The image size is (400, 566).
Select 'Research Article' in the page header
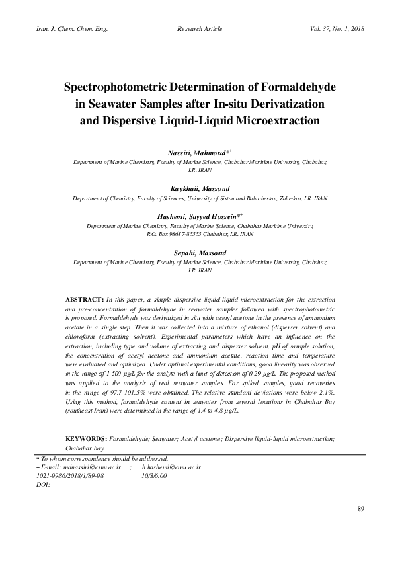(x=200, y=30)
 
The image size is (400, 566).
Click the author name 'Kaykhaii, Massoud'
(x=200, y=190)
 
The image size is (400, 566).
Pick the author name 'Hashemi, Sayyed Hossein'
(x=197, y=218)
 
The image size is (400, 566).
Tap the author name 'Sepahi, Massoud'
(x=200, y=253)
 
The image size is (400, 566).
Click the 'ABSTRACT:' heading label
(x=83, y=298)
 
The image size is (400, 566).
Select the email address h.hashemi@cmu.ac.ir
(x=171, y=466)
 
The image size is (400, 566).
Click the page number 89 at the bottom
(x=360, y=526)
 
